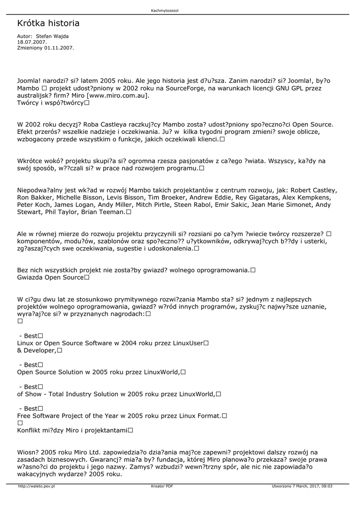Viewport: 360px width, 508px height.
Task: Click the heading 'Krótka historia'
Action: pyautogui.click(x=48, y=23)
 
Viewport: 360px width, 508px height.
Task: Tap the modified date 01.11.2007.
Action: pyautogui.click(x=59, y=48)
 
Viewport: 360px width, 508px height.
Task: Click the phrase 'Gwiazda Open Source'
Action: pyautogui.click(x=50, y=277)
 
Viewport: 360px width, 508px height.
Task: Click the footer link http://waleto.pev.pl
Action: pyautogui.click(x=36, y=486)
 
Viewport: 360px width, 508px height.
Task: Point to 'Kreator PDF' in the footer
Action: pyautogui.click(x=162, y=486)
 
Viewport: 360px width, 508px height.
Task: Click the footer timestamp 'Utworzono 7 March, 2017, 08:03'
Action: pyautogui.click(x=302, y=486)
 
